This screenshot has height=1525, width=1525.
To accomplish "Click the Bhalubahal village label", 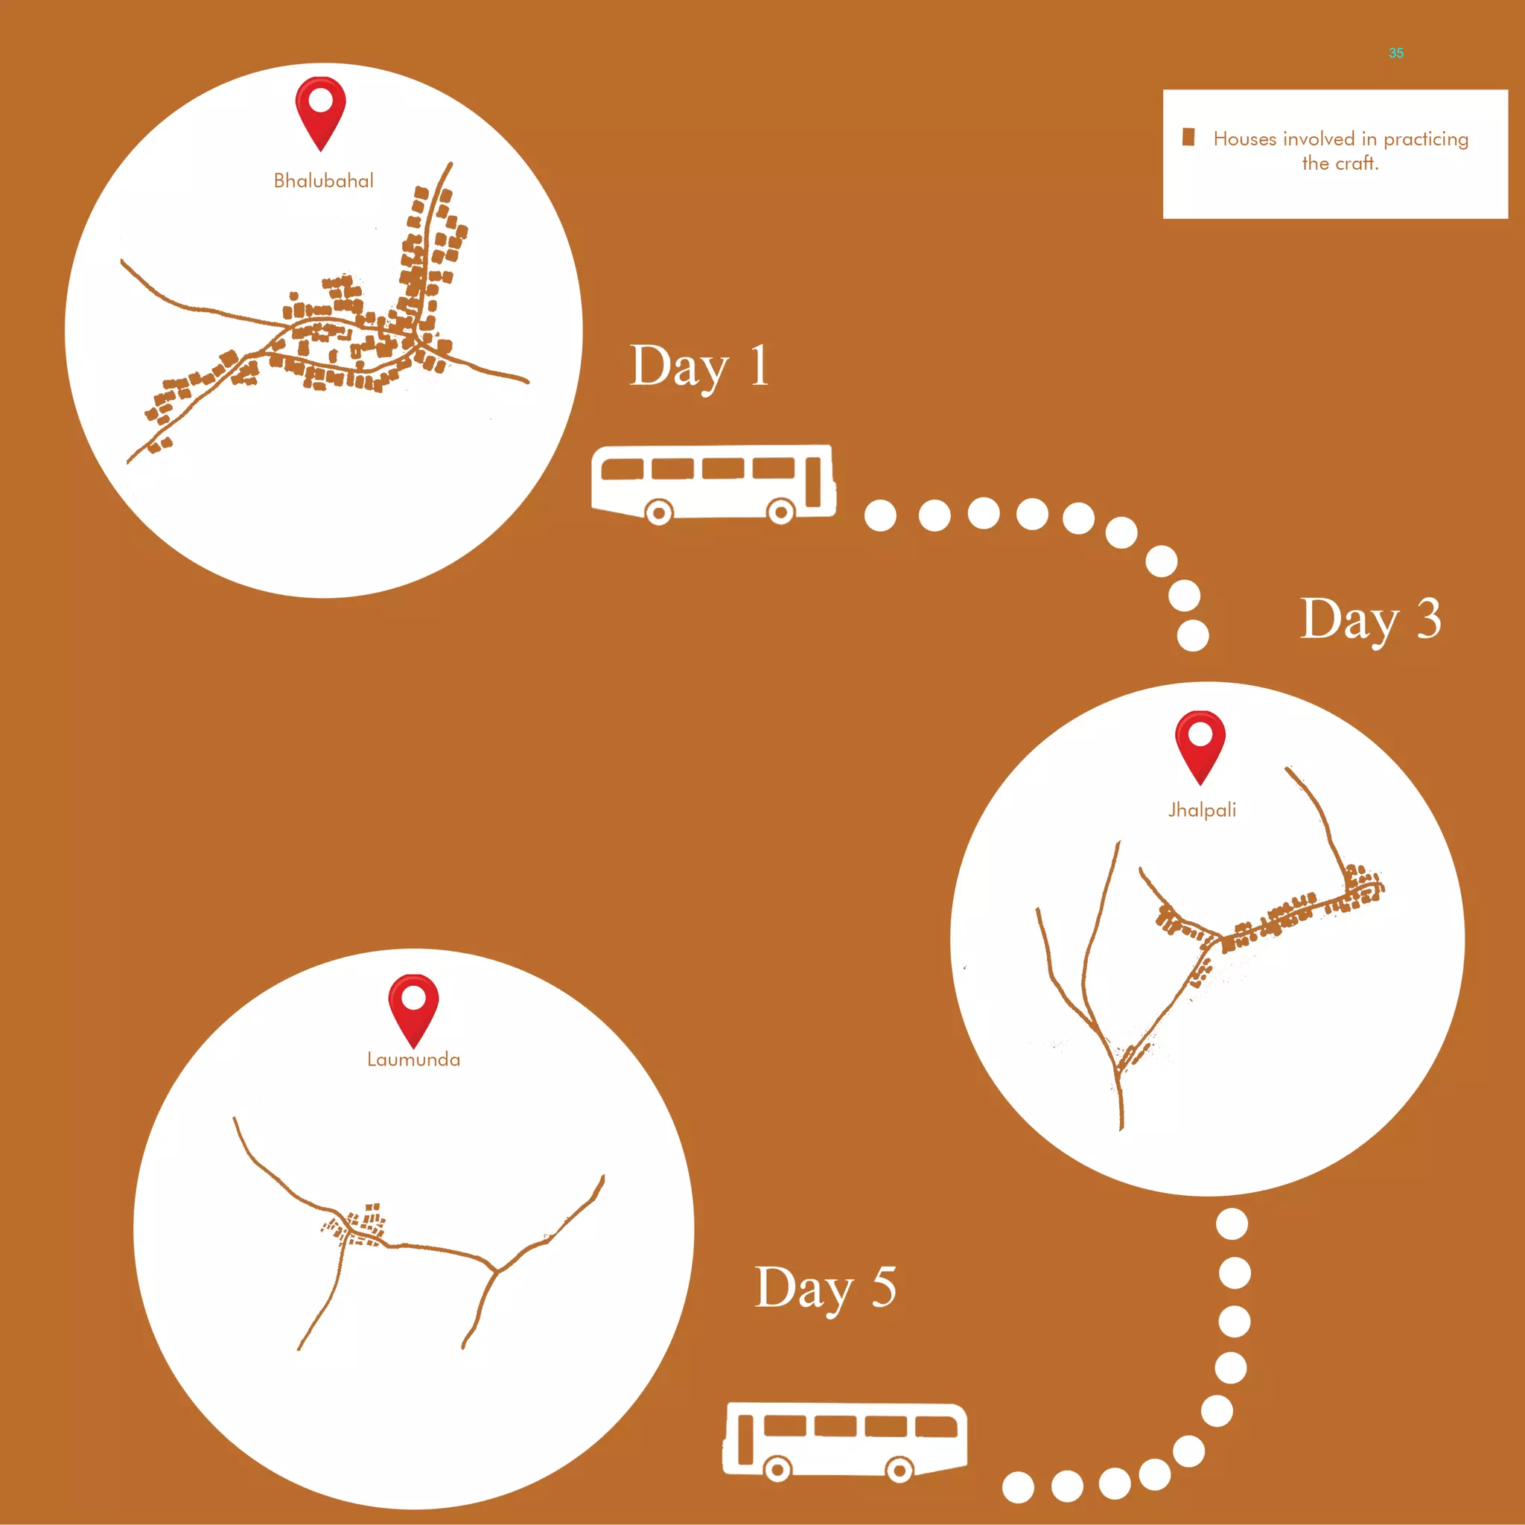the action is click(x=324, y=181).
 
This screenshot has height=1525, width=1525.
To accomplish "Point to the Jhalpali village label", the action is click(x=1202, y=810).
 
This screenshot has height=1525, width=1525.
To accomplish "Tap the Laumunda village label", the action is click(x=413, y=1060).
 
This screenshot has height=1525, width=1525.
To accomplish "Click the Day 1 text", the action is click(x=699, y=367).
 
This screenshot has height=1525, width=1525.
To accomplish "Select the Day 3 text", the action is click(x=1370, y=620).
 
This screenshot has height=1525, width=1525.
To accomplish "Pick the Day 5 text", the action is click(x=826, y=1288).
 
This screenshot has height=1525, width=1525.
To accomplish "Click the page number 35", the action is click(x=1396, y=53).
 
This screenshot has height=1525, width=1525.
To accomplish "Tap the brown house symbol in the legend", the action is click(x=1188, y=137).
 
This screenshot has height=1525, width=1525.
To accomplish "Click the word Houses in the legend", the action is click(x=1245, y=139).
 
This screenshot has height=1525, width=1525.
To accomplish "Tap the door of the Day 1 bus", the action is click(x=814, y=483).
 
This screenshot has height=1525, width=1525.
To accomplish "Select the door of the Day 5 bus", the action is click(x=745, y=1439).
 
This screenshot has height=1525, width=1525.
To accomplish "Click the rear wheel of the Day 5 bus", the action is click(x=899, y=1469).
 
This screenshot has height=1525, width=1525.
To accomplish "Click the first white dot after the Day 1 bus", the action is click(x=880, y=515).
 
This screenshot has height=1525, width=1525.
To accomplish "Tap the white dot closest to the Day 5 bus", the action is click(x=1018, y=1487).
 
